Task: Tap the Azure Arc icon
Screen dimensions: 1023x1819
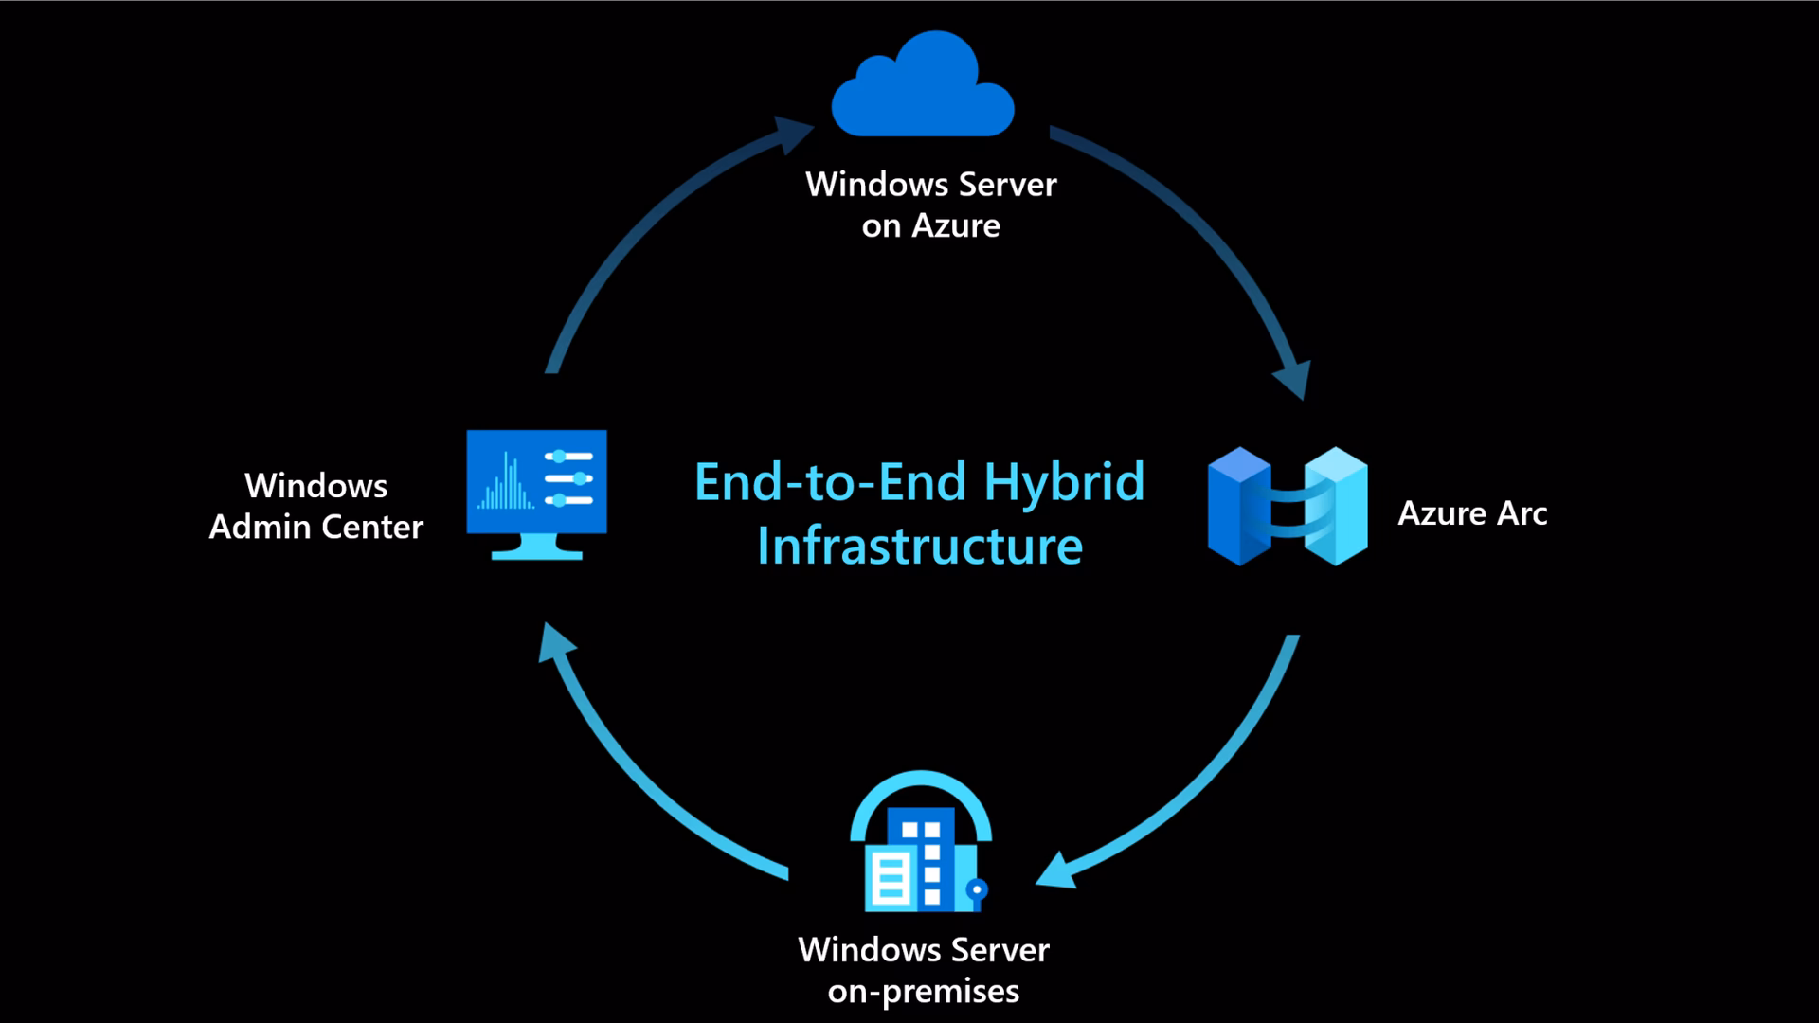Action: pos(1288,507)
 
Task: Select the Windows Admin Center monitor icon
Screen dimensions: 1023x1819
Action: pos(536,493)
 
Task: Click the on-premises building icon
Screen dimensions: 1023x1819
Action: pos(920,843)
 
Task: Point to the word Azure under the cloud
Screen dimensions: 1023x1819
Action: pos(955,226)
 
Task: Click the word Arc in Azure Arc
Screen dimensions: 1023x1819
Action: pos(1522,513)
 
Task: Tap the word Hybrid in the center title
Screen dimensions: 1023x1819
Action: pos(1064,482)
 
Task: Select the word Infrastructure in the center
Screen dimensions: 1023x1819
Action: pos(919,547)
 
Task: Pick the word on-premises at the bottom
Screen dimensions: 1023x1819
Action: pos(923,992)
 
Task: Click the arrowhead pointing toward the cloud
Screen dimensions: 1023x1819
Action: pos(793,133)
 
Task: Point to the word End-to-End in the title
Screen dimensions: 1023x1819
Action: pos(831,482)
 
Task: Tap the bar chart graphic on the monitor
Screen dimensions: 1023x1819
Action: pos(506,483)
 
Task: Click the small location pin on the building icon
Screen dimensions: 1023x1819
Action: pos(978,890)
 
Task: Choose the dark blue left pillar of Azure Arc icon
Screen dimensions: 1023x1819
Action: pos(1238,507)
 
